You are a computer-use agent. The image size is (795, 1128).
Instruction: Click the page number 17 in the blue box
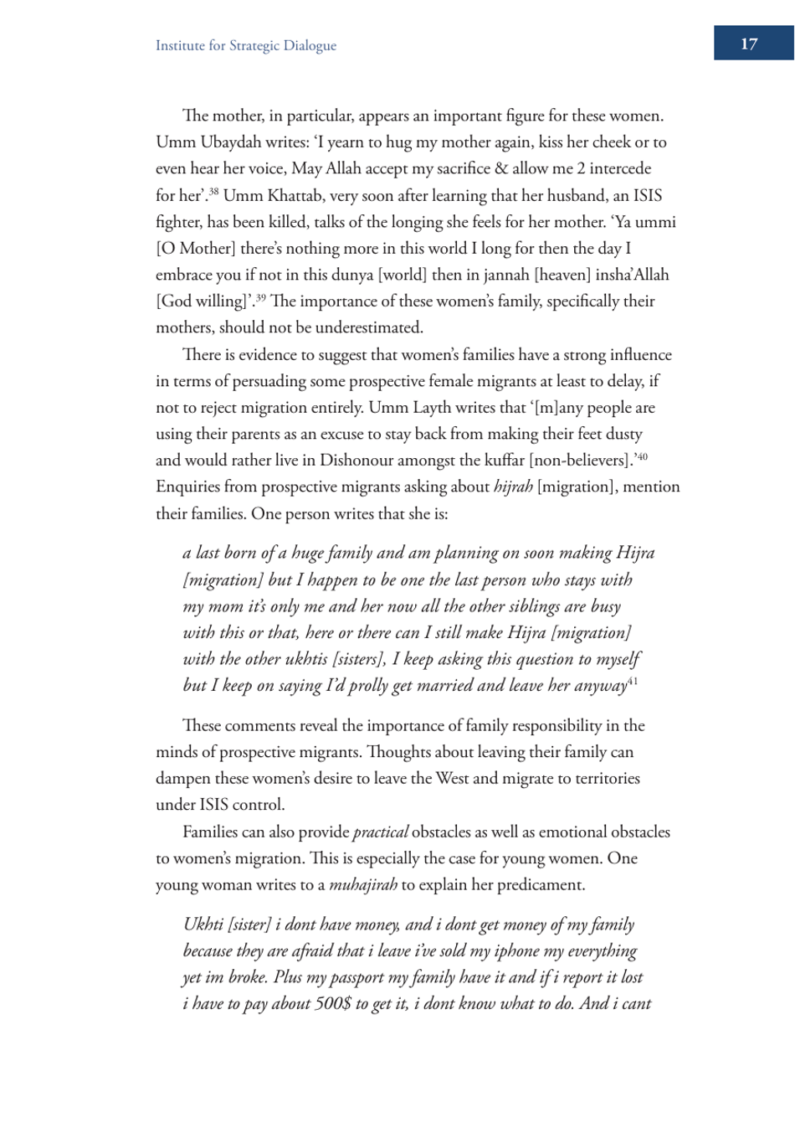[749, 44]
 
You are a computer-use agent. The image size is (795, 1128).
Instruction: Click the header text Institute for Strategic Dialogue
[245, 46]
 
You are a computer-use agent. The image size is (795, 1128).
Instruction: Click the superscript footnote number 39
[260, 297]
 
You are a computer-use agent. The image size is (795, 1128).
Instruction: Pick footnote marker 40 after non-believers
[642, 456]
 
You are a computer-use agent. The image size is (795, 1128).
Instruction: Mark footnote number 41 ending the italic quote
[633, 682]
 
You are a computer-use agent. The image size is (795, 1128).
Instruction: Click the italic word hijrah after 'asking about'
[513, 487]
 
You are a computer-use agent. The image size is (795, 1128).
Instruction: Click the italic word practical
[381, 832]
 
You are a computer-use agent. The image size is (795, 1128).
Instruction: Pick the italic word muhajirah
[363, 885]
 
